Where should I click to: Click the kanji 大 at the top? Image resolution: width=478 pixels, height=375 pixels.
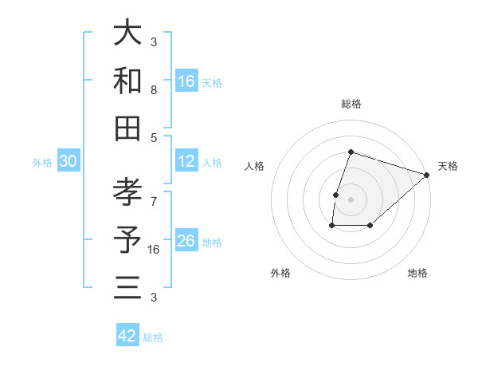pyautogui.click(x=127, y=33)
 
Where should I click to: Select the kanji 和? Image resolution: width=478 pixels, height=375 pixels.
pyautogui.click(x=127, y=80)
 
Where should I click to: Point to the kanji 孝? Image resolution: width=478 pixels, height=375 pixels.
pyautogui.click(x=127, y=192)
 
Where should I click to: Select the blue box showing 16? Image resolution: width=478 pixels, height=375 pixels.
pyautogui.click(x=186, y=81)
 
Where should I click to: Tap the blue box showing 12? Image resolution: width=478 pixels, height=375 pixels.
pyautogui.click(x=186, y=161)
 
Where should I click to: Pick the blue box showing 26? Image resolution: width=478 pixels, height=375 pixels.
pyautogui.click(x=186, y=241)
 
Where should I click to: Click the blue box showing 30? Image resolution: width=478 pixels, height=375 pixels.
pyautogui.click(x=69, y=161)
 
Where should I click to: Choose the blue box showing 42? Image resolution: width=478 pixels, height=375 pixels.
pyautogui.click(x=127, y=336)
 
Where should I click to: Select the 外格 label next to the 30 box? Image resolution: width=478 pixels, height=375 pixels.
pyautogui.click(x=43, y=163)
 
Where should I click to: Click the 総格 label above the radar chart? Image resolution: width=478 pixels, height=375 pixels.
pyautogui.click(x=351, y=104)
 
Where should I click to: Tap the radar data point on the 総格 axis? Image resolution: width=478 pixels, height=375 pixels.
pyautogui.click(x=351, y=152)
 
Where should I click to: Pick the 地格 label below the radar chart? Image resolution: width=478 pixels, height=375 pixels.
pyautogui.click(x=417, y=273)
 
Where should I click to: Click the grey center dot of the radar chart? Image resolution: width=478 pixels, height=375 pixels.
pyautogui.click(x=351, y=199)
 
